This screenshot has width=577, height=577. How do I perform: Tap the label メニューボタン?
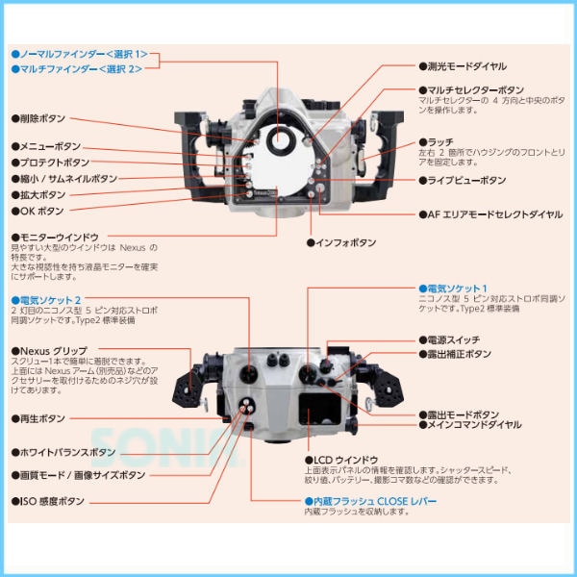pyautogui.click(x=47, y=146)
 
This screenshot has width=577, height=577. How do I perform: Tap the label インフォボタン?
pyautogui.click(x=347, y=242)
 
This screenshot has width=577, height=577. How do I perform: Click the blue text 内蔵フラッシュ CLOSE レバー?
pyautogui.click(x=370, y=501)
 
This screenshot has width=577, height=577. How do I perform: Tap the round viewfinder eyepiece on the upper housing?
pyautogui.click(x=282, y=142)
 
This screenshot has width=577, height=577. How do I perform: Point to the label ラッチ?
pyautogui.click(x=436, y=140)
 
